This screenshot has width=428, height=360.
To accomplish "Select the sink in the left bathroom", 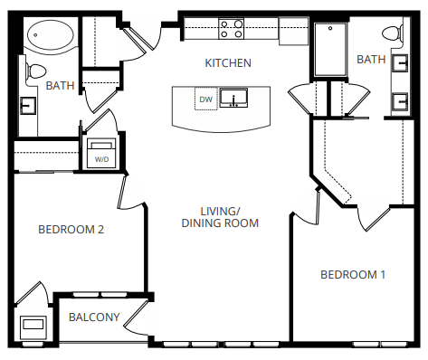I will click(x=26, y=105).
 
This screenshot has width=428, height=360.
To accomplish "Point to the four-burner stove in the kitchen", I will click(x=233, y=30).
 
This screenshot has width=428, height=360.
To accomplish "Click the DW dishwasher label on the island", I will click(x=206, y=99).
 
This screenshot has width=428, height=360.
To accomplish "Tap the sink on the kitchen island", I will click(x=237, y=98).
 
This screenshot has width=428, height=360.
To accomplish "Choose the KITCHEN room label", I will click(x=227, y=63).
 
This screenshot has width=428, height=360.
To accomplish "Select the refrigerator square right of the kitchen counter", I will click(x=293, y=30).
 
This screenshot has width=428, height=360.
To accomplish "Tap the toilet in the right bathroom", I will click(x=393, y=33).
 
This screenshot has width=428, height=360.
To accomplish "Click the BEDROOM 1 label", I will click(x=354, y=274).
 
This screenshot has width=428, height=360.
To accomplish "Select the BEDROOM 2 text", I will click(x=71, y=230).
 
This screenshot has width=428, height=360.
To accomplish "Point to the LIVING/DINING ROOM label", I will click(x=220, y=216).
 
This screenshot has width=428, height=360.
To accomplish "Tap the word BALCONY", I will click(x=94, y=317).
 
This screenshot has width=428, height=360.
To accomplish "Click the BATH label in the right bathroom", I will click(x=371, y=60).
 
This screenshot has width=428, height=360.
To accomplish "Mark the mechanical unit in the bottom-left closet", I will click(x=33, y=326).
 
